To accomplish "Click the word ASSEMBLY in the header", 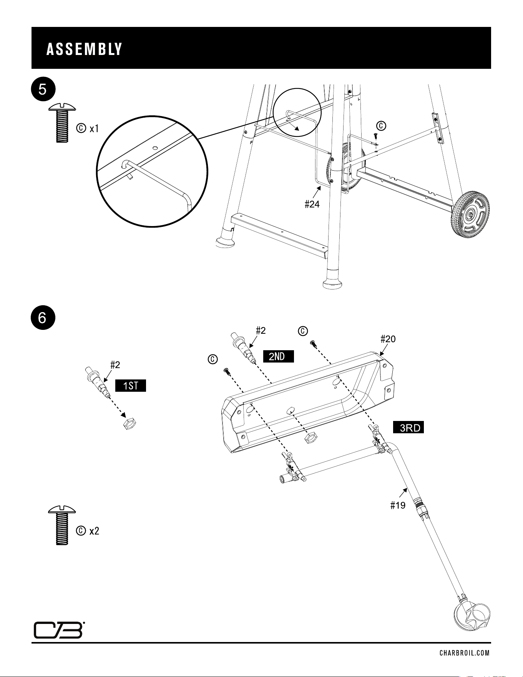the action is [84, 49].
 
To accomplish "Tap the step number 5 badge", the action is [43, 90].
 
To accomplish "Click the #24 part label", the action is [312, 205].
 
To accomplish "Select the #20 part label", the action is [388, 339].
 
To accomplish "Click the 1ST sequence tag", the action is [131, 386].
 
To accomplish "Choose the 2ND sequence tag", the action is [278, 356].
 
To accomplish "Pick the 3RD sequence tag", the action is [408, 427].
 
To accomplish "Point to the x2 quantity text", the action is [94, 531].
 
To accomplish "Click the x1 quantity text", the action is [94, 129].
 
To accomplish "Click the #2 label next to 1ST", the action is [115, 364].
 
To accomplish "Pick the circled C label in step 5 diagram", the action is [381, 126].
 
